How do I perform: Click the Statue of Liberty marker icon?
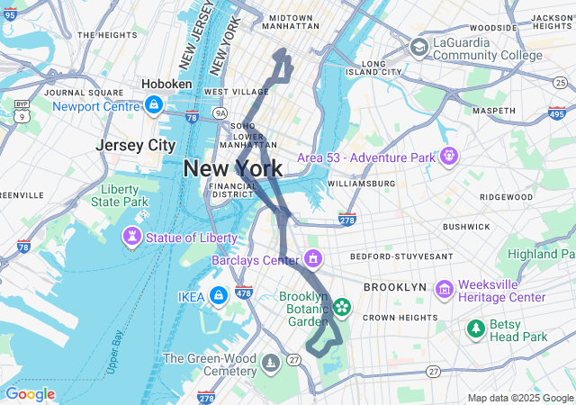132,238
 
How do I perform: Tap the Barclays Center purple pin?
312,260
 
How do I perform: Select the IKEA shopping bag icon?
218,295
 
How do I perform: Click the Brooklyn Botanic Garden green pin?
341,308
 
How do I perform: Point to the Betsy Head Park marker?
475,329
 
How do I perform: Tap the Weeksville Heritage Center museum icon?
444,290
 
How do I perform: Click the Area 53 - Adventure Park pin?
447,157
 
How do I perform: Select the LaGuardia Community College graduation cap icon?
419,47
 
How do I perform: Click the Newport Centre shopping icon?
154,105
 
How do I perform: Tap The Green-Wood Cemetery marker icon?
271,364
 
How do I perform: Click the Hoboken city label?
166,84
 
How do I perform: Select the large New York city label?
233,168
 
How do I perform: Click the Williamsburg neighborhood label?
361,184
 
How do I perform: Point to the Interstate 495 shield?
556,112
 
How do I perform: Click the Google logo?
30,394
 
